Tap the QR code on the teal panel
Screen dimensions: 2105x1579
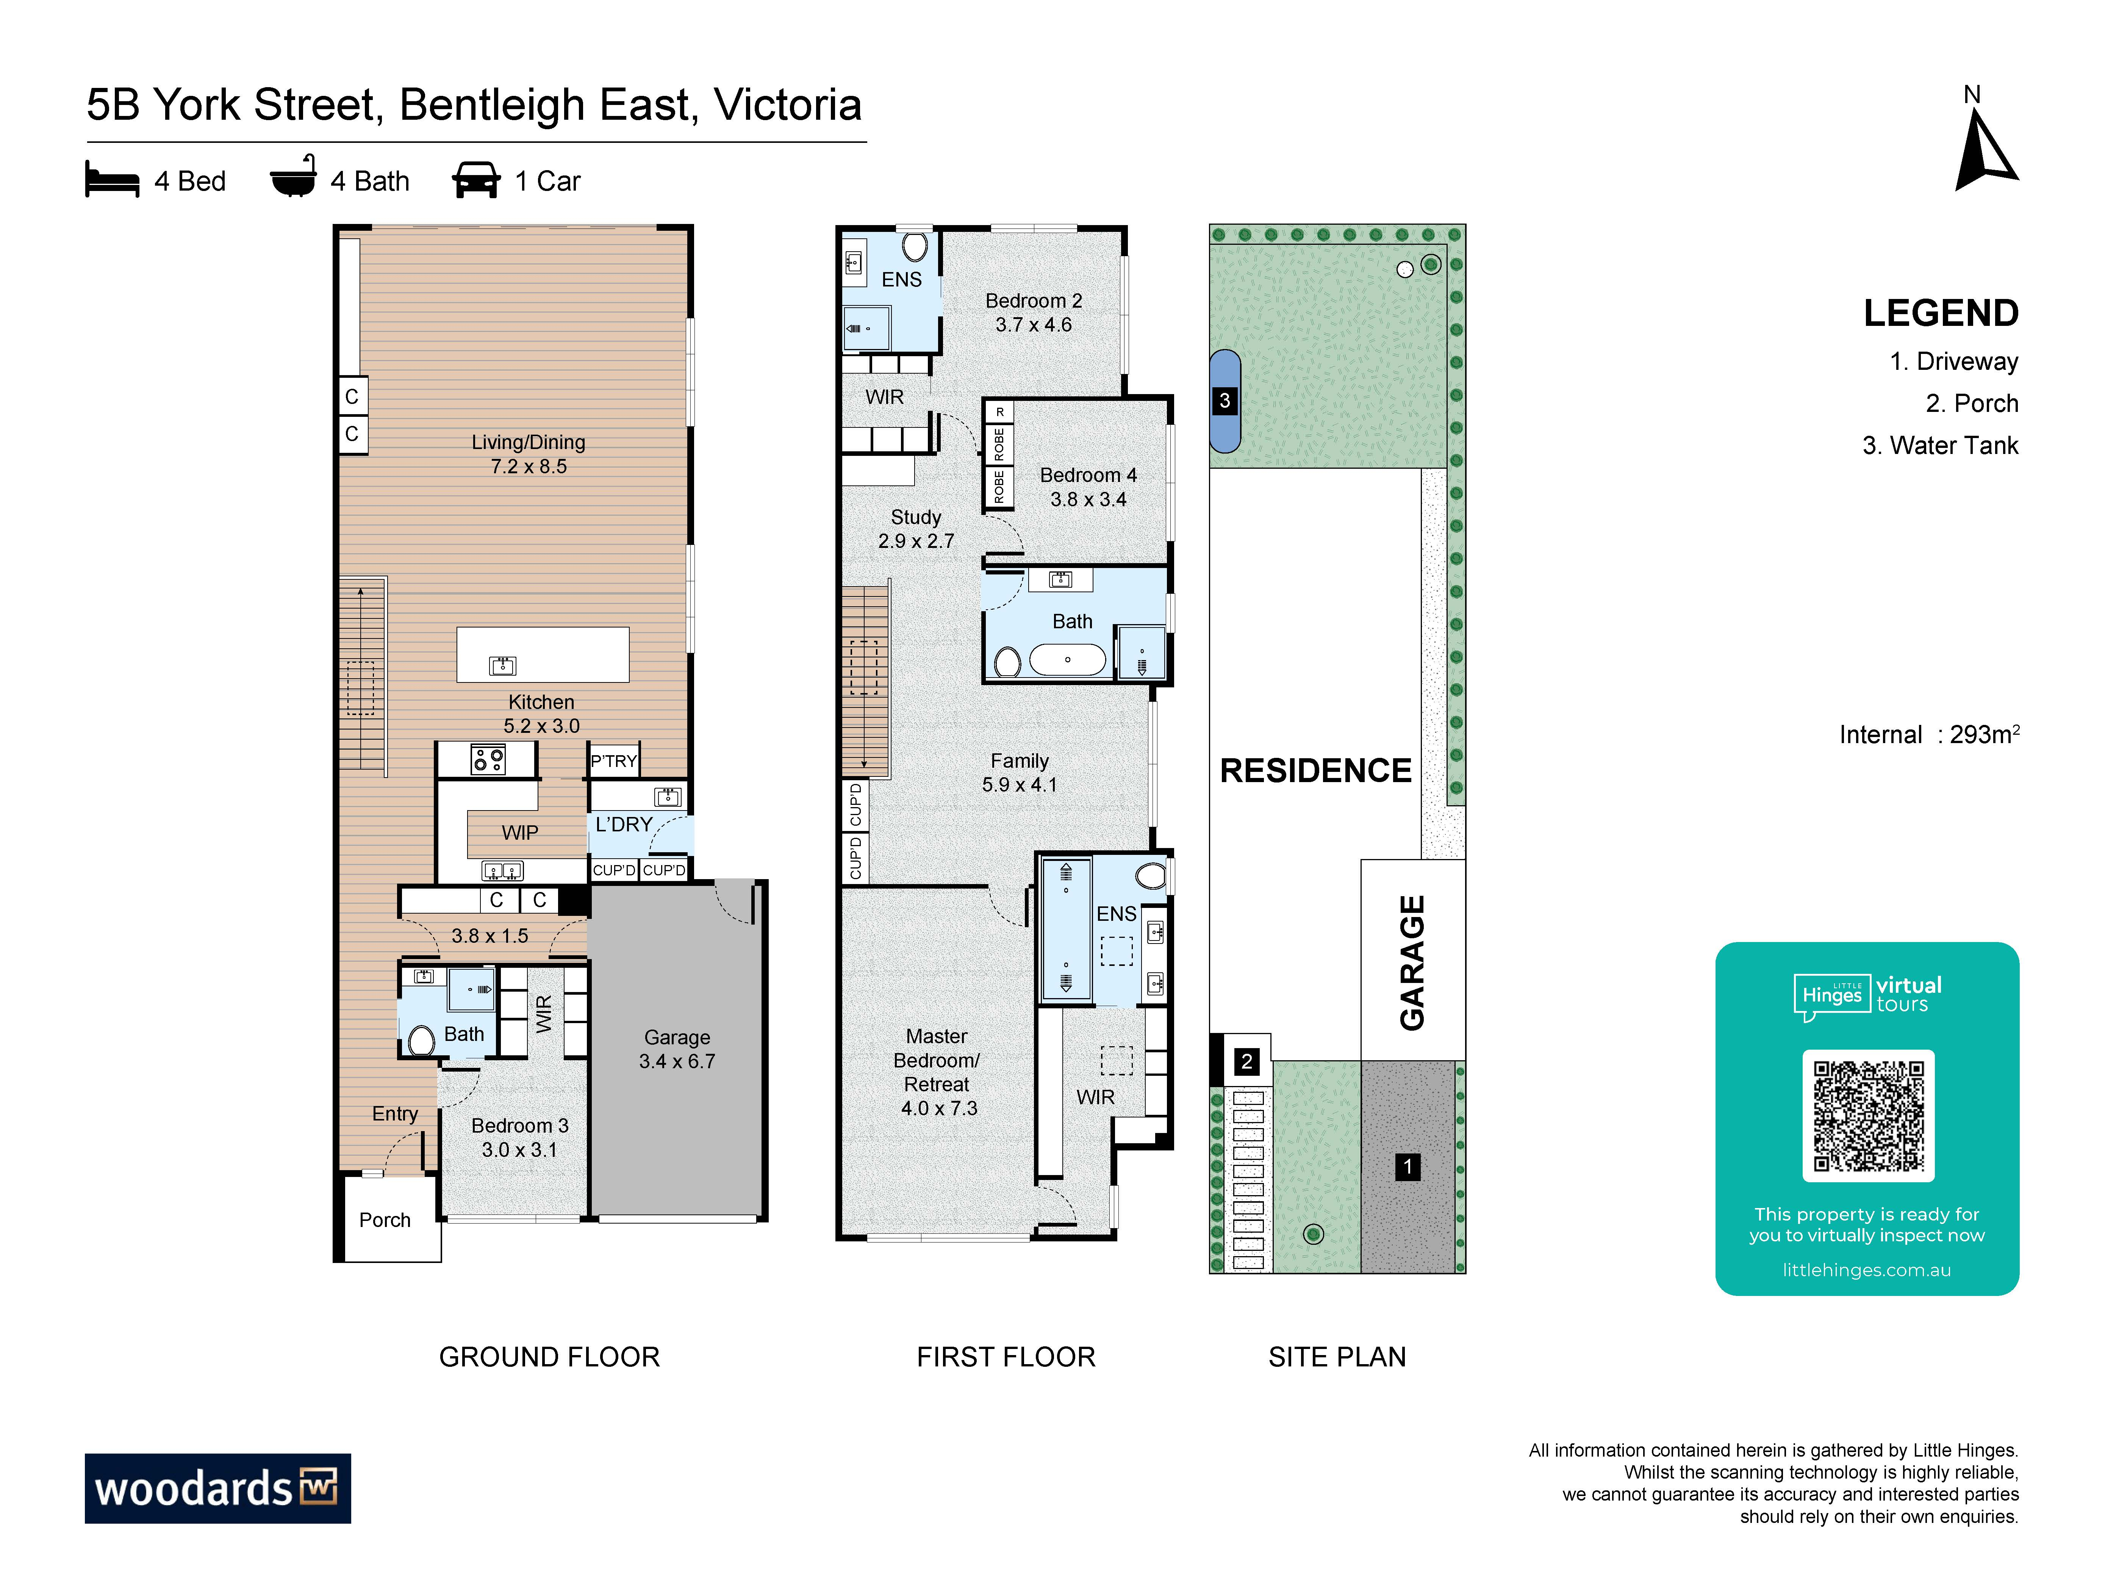1868,1116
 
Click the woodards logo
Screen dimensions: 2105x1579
218,1488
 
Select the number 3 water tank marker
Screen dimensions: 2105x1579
1225,401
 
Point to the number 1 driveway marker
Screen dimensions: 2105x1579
1408,1167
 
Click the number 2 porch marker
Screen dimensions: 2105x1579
1246,1061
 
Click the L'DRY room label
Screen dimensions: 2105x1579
624,824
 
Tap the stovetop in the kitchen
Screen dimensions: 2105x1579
488,759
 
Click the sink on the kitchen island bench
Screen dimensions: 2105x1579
502,665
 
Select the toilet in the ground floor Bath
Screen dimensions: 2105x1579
422,1040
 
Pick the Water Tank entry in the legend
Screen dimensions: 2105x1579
1940,446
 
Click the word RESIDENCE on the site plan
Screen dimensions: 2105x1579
1316,771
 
